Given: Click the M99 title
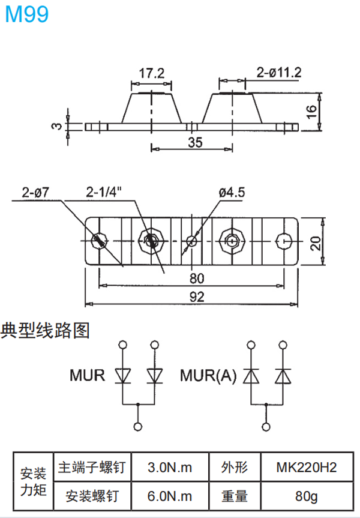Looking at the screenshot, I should coord(26,15).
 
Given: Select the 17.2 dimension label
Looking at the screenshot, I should coord(152,73).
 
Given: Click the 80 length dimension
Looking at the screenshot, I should coord(196,278).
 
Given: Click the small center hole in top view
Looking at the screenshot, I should coord(191,241).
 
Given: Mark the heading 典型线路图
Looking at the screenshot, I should coord(45,330).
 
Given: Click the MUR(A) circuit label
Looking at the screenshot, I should coord(209,376).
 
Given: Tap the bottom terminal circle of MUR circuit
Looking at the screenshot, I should coord(139,426).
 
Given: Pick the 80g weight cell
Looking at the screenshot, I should coord(307,496).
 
